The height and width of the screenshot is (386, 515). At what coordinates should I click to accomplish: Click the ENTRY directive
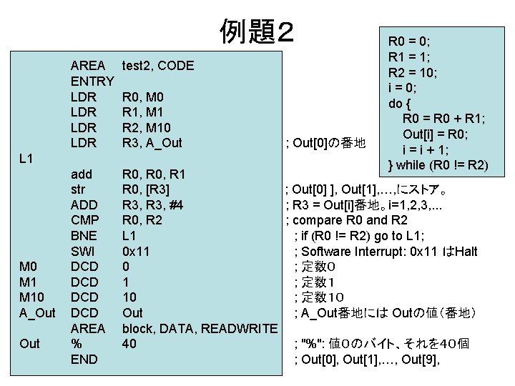pyautogui.click(x=92, y=81)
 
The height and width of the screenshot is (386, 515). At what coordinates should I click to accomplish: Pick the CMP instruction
pyautogui.click(x=84, y=220)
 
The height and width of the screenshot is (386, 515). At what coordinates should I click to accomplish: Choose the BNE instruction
pyautogui.click(x=84, y=236)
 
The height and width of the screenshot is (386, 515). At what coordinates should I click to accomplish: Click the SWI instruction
pyautogui.click(x=83, y=252)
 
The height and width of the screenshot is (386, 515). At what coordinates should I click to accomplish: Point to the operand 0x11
pyautogui.click(x=137, y=252)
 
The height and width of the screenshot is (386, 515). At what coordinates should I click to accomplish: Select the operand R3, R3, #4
pyautogui.click(x=152, y=205)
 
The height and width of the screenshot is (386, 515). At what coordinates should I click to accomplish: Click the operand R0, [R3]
pyautogui.click(x=146, y=189)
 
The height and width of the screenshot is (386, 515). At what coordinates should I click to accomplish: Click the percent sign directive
pyautogui.click(x=76, y=344)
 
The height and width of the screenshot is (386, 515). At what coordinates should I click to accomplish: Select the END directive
pyautogui.click(x=84, y=360)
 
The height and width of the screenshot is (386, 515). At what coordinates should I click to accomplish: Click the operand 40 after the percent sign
pyautogui.click(x=129, y=344)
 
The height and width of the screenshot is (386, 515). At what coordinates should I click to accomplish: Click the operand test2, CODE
pyautogui.click(x=158, y=66)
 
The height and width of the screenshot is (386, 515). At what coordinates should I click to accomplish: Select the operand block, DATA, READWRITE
pyautogui.click(x=200, y=328)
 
